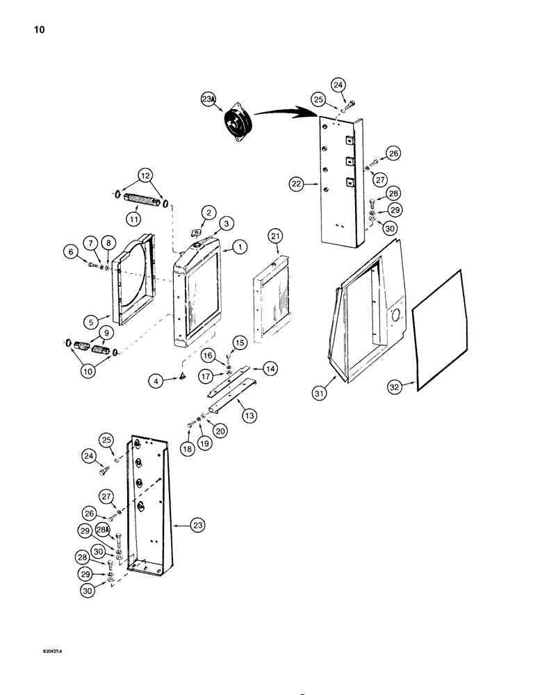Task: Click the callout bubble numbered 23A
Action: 209,99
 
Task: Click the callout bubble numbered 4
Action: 158,380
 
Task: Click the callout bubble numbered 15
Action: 239,342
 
